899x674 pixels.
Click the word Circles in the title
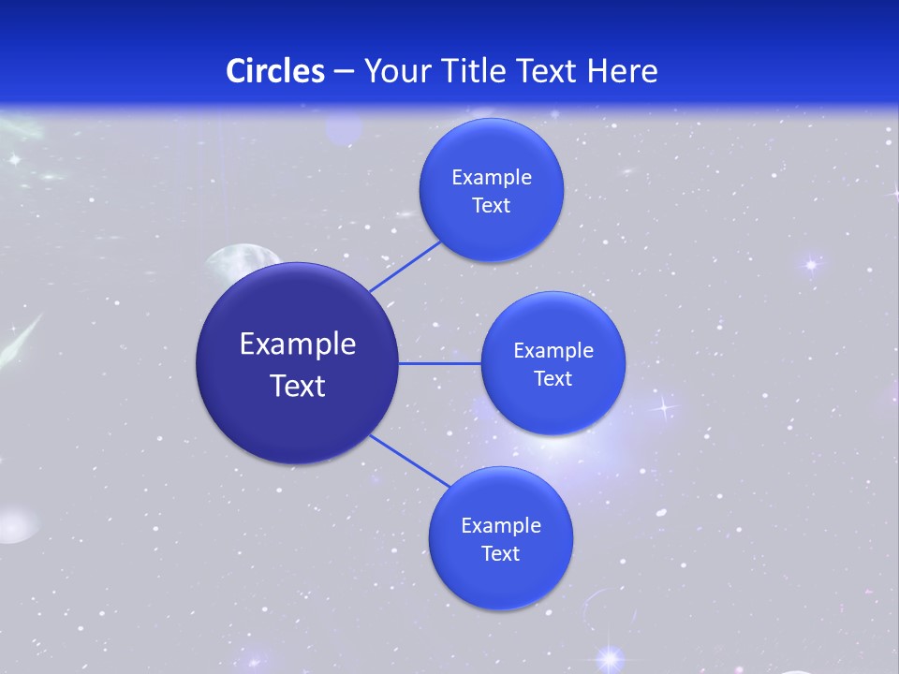click(x=275, y=71)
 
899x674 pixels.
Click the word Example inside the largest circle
click(x=298, y=344)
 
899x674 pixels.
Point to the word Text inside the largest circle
click(x=298, y=386)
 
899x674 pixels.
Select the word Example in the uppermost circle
click(x=492, y=178)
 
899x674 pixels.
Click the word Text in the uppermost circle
click(x=491, y=206)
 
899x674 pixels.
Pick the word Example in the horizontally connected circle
click(x=553, y=351)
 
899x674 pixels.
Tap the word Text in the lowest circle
click(x=500, y=553)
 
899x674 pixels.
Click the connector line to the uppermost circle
click(x=405, y=266)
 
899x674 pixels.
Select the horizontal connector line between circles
click(x=439, y=363)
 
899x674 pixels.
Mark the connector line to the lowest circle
click(x=410, y=462)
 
